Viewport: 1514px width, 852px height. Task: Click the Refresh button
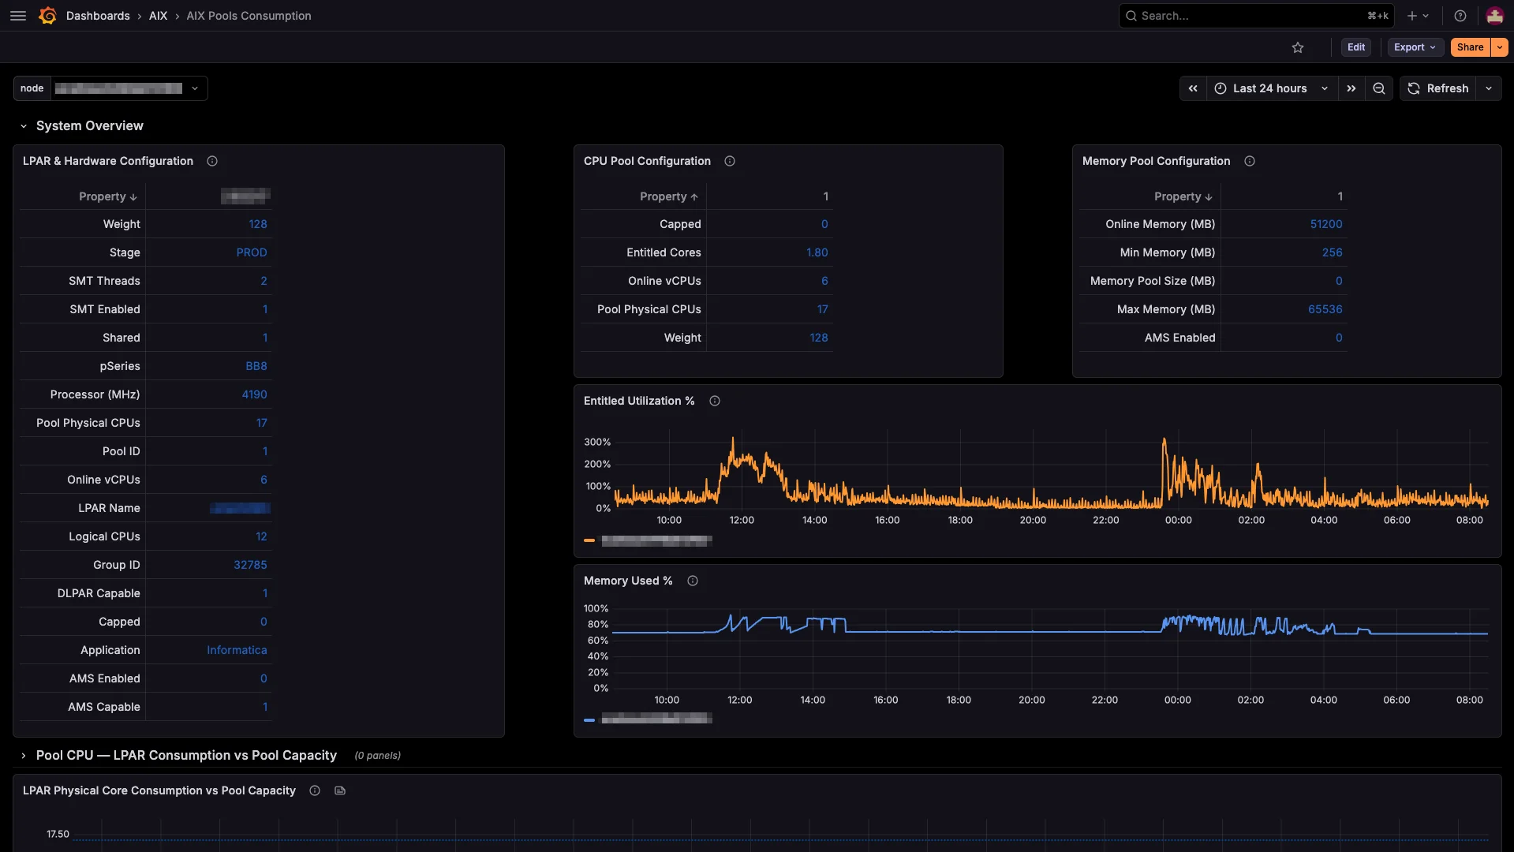click(x=1438, y=88)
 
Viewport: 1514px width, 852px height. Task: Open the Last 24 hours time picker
click(x=1269, y=88)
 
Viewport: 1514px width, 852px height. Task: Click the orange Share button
click(x=1469, y=47)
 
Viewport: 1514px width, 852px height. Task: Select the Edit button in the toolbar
click(x=1355, y=47)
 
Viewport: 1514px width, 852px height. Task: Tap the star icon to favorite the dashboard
click(x=1298, y=47)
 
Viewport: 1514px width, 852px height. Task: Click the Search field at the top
click(x=1247, y=16)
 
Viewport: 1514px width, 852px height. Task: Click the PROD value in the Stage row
click(x=252, y=252)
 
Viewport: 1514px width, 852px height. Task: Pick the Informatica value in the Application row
click(x=237, y=650)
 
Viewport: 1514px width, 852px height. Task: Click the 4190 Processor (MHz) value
click(x=254, y=394)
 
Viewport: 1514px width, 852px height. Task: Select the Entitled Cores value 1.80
click(x=817, y=252)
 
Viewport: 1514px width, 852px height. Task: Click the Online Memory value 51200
click(x=1325, y=224)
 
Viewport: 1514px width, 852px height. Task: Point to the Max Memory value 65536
click(x=1325, y=309)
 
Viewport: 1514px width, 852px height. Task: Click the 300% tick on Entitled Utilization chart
click(x=597, y=442)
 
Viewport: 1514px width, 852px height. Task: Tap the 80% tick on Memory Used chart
click(x=597, y=624)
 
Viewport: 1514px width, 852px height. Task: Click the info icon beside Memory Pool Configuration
click(x=1250, y=161)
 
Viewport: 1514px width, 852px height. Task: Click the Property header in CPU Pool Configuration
click(x=667, y=196)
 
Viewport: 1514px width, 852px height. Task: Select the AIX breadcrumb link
click(x=158, y=16)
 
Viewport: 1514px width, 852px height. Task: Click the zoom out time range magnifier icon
click(x=1378, y=88)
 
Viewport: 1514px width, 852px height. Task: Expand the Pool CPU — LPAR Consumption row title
click(x=186, y=755)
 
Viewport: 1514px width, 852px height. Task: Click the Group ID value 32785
click(x=250, y=565)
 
